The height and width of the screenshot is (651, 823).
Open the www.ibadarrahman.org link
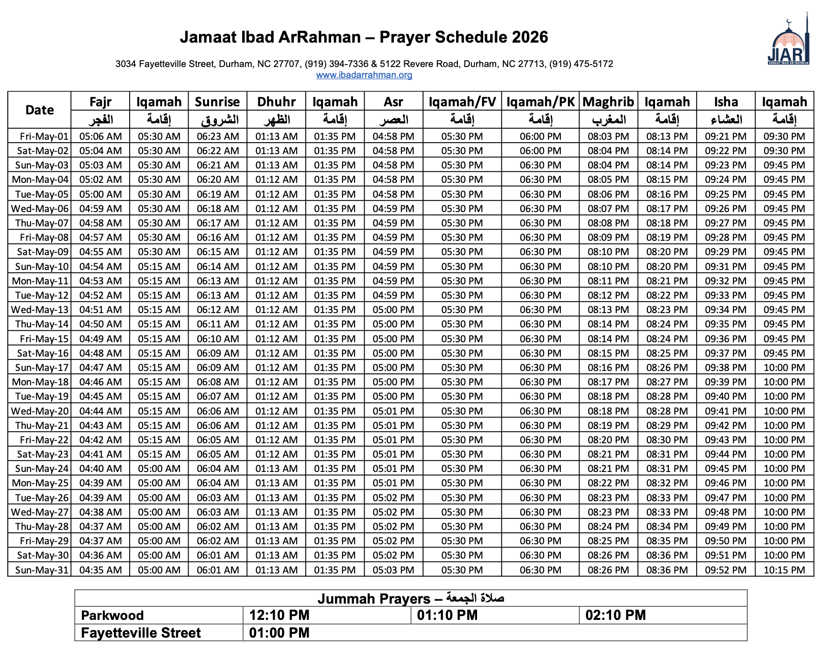[x=364, y=75]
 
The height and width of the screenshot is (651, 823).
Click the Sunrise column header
[x=217, y=102]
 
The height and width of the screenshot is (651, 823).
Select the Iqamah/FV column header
[x=462, y=102]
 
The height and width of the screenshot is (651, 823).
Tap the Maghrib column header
[x=608, y=102]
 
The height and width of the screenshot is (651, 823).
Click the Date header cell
[x=40, y=110]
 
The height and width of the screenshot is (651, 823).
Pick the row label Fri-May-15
[x=44, y=339]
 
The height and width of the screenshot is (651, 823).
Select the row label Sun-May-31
[x=42, y=570]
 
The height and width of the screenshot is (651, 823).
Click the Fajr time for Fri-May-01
[x=100, y=136]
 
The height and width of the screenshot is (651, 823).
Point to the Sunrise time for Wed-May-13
[x=218, y=310]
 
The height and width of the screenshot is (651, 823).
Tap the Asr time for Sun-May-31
[x=393, y=570]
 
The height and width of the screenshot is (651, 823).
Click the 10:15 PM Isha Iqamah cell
[x=784, y=570]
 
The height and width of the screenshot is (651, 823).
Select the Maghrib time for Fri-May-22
[x=608, y=440]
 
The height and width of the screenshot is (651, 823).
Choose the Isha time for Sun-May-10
[x=725, y=267]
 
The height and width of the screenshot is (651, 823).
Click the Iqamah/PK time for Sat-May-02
[x=540, y=151]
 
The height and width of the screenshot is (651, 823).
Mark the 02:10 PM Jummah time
[x=615, y=615]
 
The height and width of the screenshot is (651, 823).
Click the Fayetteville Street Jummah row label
[x=141, y=633]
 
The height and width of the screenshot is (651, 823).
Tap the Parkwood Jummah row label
[x=112, y=615]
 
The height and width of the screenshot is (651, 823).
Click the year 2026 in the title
[x=530, y=37]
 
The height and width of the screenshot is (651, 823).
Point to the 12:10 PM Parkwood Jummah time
[x=279, y=615]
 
